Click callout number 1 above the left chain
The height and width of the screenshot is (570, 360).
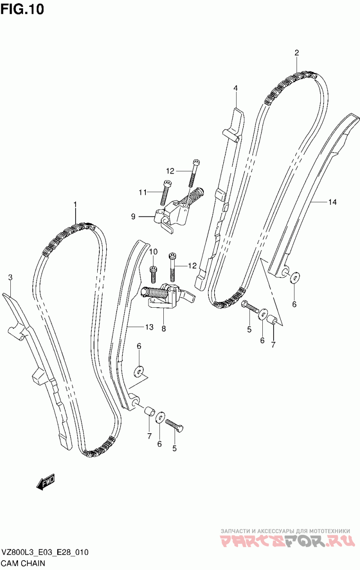(75, 205)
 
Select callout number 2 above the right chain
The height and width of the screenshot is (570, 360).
(297, 53)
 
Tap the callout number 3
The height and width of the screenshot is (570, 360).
(10, 278)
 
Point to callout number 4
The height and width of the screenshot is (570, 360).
(235, 88)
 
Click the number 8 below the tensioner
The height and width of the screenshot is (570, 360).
(163, 329)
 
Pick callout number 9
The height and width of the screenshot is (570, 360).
(133, 216)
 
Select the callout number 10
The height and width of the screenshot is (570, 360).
(153, 251)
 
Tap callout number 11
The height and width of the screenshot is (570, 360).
(143, 193)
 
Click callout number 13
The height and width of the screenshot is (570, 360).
(149, 327)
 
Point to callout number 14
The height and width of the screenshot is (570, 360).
(332, 202)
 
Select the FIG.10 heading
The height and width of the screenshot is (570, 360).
(22, 9)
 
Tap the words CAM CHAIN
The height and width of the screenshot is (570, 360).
(23, 563)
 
